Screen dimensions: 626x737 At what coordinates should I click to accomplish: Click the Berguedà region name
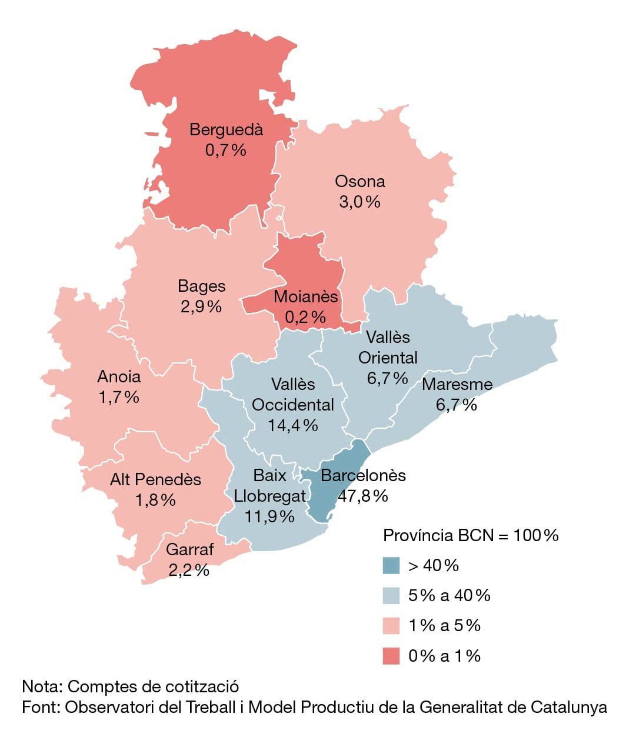(226, 129)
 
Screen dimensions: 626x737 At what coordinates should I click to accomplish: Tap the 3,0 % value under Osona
(359, 202)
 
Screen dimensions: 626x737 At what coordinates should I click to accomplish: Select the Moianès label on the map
(306, 296)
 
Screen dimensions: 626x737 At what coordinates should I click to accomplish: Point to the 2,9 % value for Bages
(201, 306)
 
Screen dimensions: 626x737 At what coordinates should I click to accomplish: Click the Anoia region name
(119, 376)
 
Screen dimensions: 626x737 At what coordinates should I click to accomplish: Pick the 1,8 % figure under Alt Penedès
(155, 500)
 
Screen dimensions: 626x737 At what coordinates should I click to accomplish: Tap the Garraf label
(189, 549)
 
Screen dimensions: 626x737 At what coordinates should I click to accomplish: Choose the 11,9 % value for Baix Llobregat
(269, 516)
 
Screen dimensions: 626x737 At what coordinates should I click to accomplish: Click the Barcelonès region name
(363, 475)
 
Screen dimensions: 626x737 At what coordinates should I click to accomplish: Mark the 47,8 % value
(363, 496)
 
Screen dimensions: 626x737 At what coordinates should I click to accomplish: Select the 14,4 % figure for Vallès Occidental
(293, 425)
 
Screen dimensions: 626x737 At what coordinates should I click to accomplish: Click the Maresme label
(457, 384)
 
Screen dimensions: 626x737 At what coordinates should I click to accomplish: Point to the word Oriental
(388, 358)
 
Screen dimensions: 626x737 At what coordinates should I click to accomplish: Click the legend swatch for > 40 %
(391, 565)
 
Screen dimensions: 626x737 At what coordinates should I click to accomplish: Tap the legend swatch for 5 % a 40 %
(391, 595)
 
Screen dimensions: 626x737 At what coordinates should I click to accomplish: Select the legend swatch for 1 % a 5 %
(391, 625)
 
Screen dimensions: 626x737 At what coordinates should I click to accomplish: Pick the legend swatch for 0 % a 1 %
(391, 656)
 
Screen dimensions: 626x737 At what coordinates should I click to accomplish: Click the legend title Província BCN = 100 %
(471, 536)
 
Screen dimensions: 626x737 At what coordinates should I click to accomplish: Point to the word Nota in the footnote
(42, 686)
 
